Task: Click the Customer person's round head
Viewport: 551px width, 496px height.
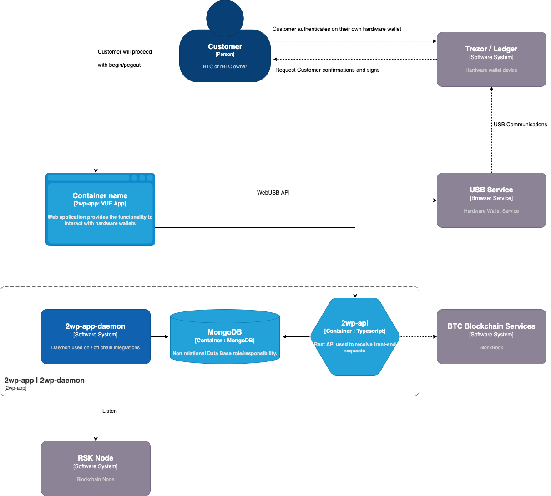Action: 225,17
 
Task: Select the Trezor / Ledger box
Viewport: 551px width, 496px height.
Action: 491,59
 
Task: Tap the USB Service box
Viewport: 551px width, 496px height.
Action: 491,200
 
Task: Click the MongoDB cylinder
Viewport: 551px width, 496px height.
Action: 225,337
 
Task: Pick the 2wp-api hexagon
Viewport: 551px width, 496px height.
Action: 355,336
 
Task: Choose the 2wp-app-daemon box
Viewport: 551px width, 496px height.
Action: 96,336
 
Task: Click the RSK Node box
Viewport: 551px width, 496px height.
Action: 96,468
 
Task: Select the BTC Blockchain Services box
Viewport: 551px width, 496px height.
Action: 491,336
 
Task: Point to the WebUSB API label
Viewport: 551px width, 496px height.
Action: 273,193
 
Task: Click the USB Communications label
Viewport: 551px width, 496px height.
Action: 520,125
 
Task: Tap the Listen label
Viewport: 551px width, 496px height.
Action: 109,411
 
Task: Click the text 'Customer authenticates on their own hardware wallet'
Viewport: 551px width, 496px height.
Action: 337,29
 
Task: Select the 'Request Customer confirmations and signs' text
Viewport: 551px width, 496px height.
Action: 327,70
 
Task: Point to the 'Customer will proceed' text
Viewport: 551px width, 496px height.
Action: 125,52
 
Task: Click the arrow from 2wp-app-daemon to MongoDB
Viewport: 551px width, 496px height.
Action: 159,336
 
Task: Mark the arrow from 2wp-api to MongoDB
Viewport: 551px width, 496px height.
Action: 296,336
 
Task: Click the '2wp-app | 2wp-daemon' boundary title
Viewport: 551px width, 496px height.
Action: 45,381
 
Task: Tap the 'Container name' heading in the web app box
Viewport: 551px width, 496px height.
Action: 100,196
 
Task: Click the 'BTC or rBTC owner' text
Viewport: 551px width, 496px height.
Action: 225,66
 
